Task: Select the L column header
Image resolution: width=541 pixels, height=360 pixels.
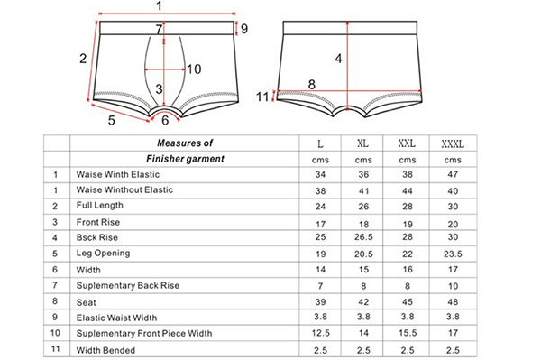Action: coord(320,144)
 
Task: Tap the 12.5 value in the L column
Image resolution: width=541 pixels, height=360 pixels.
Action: coord(320,332)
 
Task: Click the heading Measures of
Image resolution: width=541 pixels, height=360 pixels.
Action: coord(184,143)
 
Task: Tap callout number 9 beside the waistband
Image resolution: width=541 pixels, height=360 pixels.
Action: coord(243,29)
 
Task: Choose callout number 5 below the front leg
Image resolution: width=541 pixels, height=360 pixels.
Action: coord(112,118)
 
